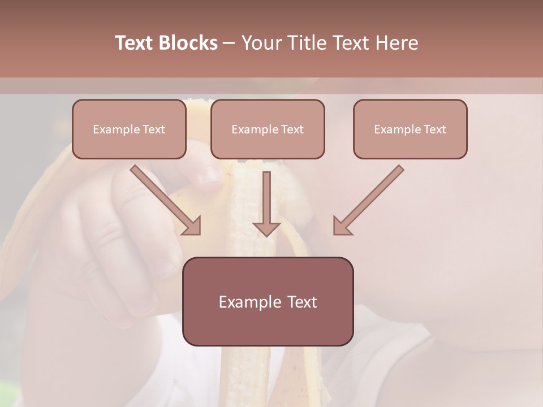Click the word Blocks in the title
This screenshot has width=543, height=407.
tap(188, 43)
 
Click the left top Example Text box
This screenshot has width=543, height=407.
tap(129, 129)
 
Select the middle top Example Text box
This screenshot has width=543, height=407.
tap(268, 129)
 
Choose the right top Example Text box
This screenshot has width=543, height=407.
tap(410, 129)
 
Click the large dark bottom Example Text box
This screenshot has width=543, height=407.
tap(268, 301)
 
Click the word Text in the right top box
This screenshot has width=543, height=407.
tap(434, 129)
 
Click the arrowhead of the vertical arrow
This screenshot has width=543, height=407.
tap(266, 228)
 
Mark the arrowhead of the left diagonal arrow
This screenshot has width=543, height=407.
tap(193, 226)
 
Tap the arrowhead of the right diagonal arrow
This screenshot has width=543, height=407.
tap(341, 226)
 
